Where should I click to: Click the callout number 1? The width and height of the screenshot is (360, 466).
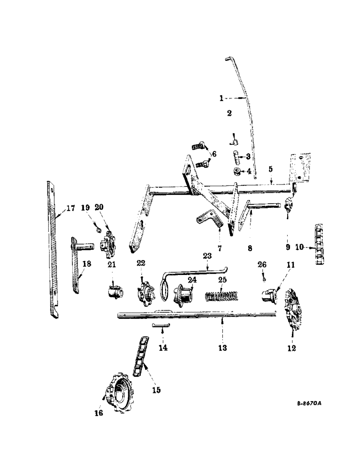click(x=222, y=98)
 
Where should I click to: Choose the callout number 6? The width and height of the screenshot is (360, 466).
click(x=214, y=154)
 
